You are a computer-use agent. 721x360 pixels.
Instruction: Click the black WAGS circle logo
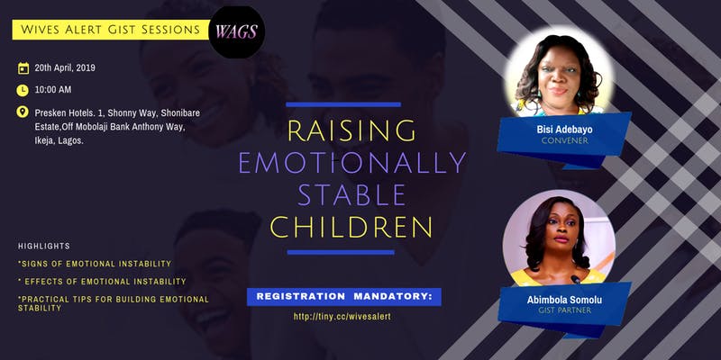click(x=236, y=32)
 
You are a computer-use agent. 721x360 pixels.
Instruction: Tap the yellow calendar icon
click(x=23, y=68)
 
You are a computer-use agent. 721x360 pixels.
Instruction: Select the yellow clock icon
click(x=23, y=90)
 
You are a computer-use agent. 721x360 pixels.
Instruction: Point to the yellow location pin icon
click(x=23, y=112)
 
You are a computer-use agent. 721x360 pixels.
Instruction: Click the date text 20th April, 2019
click(x=65, y=68)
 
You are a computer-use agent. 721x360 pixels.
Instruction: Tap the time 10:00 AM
click(x=53, y=89)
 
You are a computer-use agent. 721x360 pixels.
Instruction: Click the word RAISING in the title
click(x=351, y=130)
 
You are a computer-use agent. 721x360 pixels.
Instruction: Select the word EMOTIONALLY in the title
click(x=352, y=162)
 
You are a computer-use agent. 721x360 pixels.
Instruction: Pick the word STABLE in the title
click(x=351, y=194)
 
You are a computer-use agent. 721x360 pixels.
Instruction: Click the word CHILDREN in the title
click(x=351, y=227)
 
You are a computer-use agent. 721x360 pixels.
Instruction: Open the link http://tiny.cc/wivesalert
click(x=342, y=317)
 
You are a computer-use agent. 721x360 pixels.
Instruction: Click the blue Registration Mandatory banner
click(x=344, y=297)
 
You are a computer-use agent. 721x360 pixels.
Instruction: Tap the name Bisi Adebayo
click(x=565, y=130)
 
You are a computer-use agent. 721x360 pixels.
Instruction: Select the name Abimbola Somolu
click(x=565, y=301)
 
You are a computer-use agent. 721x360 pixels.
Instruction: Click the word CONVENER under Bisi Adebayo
click(x=565, y=140)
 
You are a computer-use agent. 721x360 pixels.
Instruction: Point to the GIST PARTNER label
click(x=565, y=310)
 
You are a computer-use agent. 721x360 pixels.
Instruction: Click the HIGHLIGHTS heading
click(x=44, y=246)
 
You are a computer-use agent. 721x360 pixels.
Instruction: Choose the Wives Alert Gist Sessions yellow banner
click(x=111, y=30)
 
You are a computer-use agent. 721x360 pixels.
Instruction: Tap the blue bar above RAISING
click(x=343, y=104)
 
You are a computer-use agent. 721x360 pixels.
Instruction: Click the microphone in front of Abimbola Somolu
click(x=575, y=279)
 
